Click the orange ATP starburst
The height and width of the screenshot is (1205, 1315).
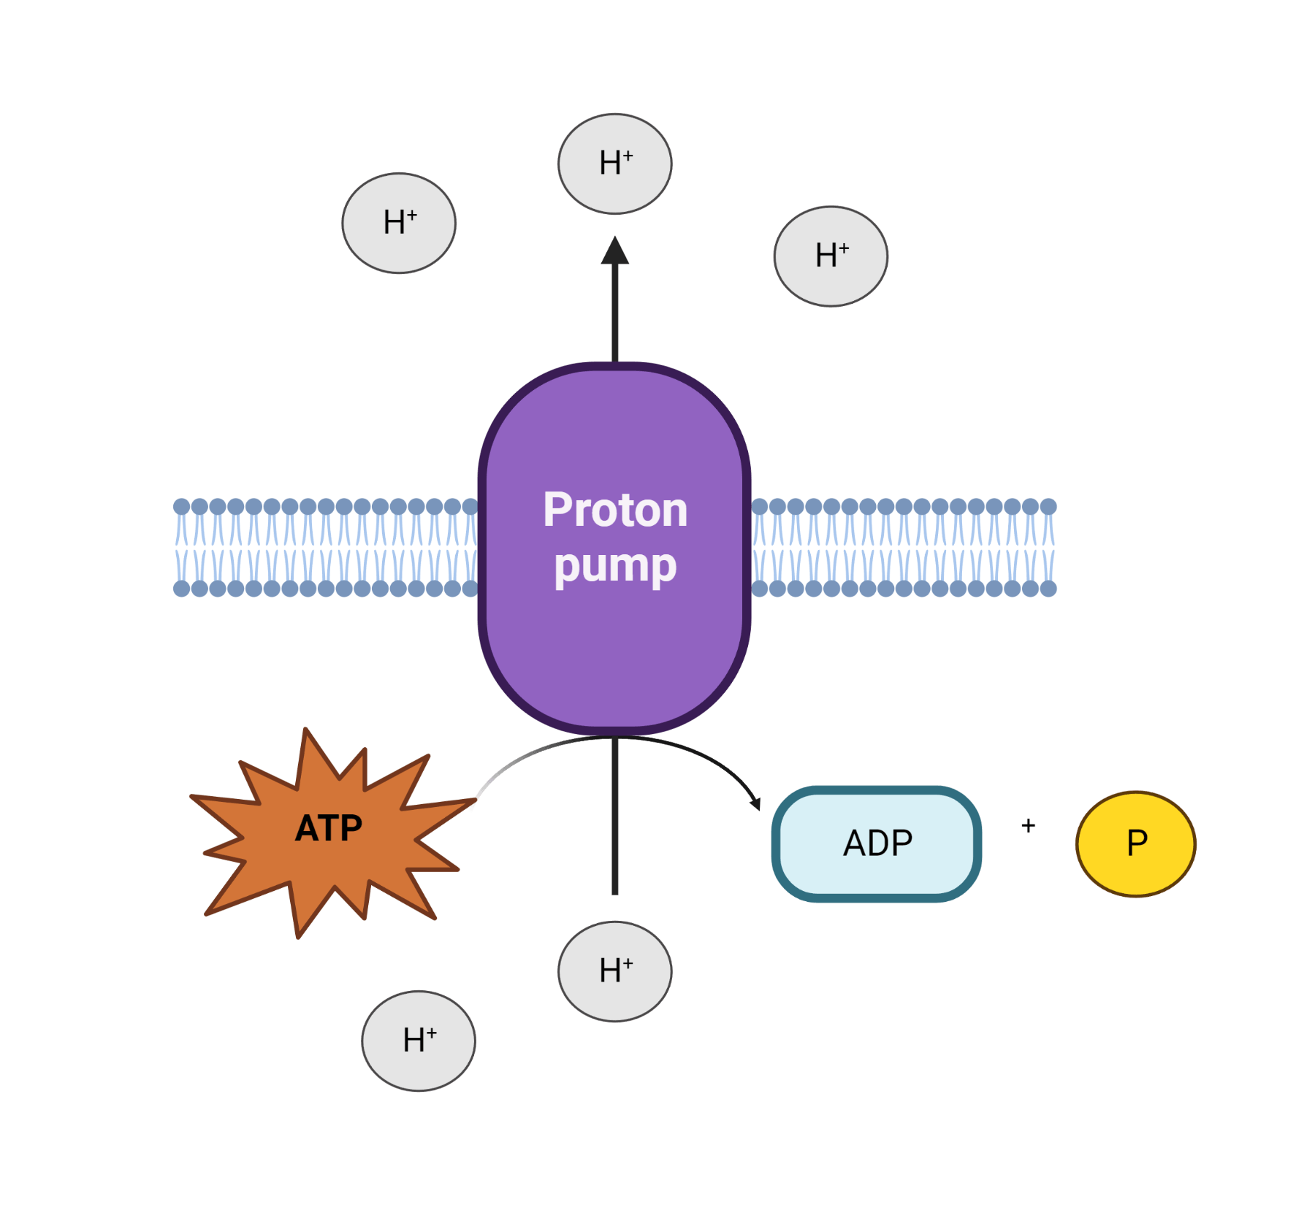(329, 829)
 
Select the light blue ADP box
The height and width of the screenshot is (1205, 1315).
(877, 843)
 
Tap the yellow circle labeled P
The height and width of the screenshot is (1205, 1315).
(1136, 843)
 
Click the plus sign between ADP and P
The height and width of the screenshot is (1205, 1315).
(1029, 826)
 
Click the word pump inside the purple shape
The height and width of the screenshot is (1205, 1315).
(615, 566)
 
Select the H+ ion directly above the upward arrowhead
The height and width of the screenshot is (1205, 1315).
(615, 164)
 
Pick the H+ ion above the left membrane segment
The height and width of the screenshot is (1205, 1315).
(399, 223)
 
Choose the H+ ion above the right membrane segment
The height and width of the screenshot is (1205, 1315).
(831, 256)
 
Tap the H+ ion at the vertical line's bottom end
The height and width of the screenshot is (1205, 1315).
(615, 971)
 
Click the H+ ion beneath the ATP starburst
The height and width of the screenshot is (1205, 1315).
(419, 1041)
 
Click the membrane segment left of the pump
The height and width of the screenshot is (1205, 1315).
(325, 548)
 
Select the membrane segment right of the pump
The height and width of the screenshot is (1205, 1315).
(904, 548)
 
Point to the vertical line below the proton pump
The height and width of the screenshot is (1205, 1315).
(615, 818)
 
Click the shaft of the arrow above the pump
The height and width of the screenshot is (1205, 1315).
(615, 314)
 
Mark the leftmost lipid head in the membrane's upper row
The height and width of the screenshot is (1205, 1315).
(181, 506)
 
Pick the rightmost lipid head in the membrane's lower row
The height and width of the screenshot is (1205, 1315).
(1048, 589)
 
